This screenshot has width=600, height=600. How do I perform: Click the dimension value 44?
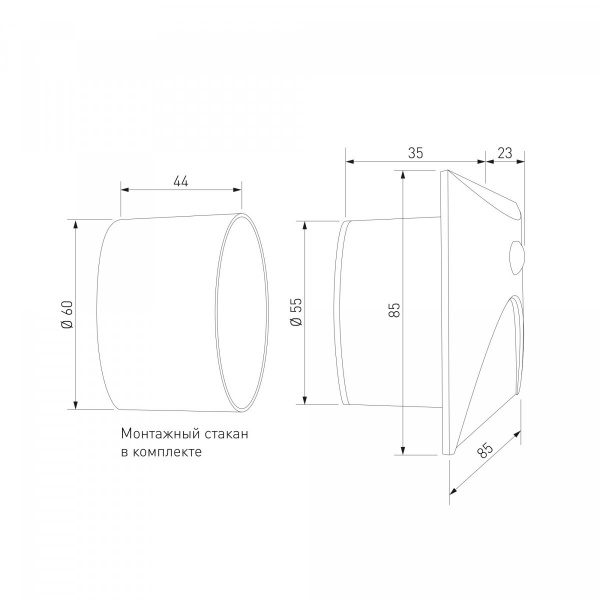[x=181, y=181]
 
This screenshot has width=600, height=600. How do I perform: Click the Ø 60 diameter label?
[x=67, y=315]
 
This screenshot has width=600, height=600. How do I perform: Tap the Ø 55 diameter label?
[x=296, y=312]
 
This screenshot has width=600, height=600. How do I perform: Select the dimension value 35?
[x=416, y=153]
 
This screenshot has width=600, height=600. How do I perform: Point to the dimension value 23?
[x=505, y=153]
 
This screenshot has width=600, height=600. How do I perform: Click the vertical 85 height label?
[x=394, y=310]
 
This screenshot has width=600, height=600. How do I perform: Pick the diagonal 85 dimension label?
[x=485, y=450]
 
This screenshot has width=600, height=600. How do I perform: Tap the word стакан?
[x=227, y=434]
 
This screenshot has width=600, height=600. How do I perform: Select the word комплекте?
[x=167, y=452]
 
